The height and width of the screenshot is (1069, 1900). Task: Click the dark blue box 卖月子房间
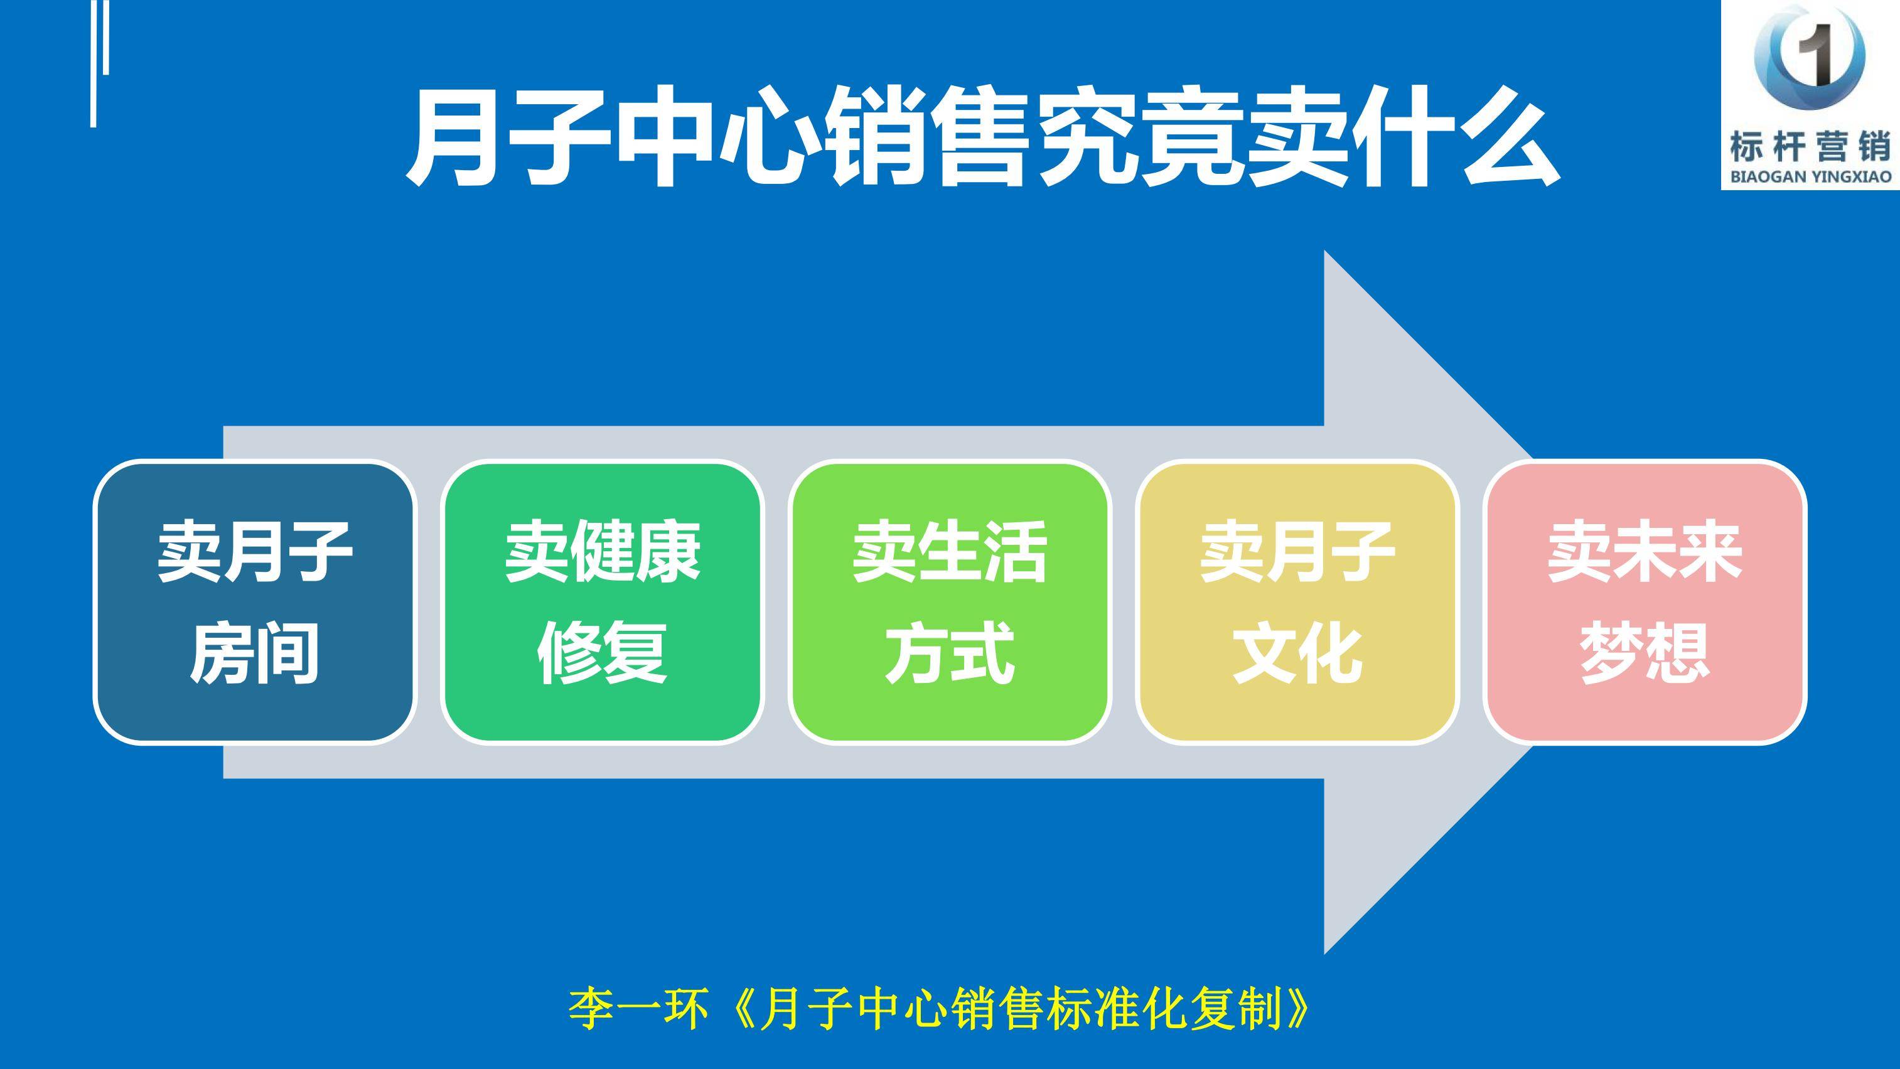click(x=254, y=601)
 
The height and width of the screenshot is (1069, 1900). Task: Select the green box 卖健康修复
click(x=603, y=601)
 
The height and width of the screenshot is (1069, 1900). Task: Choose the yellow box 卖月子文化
click(x=1297, y=601)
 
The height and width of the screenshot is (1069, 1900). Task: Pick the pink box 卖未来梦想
click(x=1645, y=601)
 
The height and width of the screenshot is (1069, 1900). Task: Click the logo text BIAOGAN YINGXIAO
click(x=1811, y=177)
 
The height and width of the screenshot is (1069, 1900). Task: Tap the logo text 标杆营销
click(x=1811, y=148)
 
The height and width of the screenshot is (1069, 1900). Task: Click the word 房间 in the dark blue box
click(x=254, y=652)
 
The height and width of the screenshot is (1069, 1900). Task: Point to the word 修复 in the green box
click(x=603, y=652)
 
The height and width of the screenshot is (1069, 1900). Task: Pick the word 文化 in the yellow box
click(x=1297, y=652)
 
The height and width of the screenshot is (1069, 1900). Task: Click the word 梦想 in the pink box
click(x=1645, y=652)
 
